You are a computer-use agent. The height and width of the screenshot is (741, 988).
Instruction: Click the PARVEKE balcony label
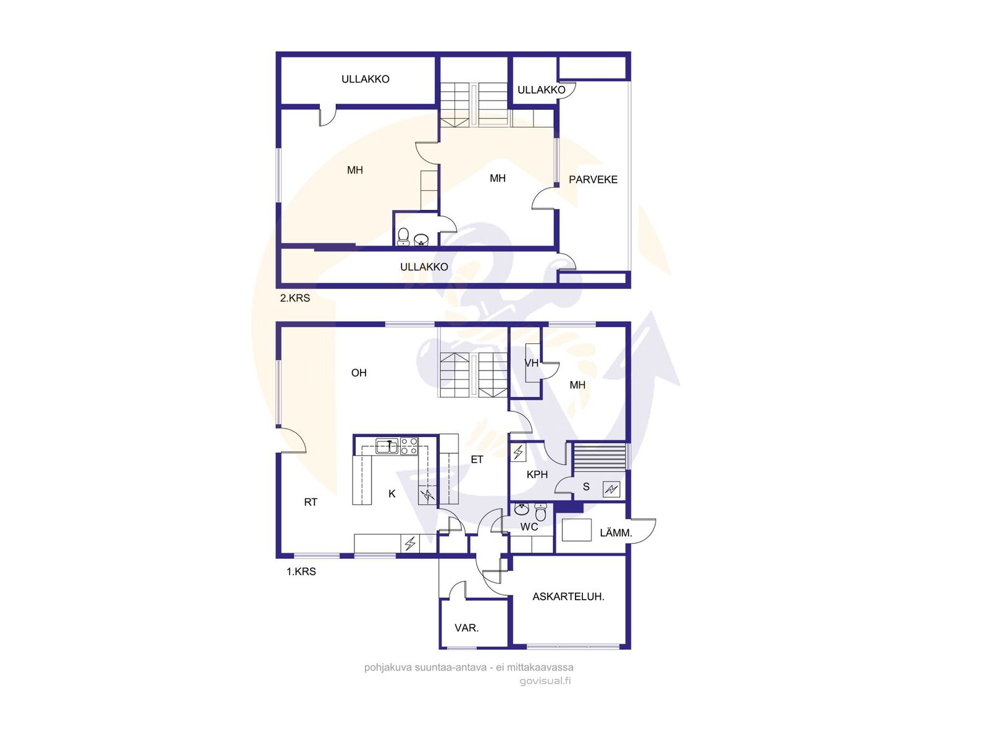(593, 180)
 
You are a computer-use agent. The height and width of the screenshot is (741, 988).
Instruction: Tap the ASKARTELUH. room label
(568, 597)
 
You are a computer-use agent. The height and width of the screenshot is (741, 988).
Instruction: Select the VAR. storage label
(466, 627)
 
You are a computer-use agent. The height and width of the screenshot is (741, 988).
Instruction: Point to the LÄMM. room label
(616, 533)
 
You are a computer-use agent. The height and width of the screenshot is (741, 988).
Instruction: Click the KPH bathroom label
(537, 474)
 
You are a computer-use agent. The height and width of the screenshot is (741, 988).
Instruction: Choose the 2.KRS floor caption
(295, 298)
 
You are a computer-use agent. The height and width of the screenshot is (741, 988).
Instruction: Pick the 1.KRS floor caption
(301, 571)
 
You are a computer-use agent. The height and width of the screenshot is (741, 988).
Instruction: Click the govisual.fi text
(545, 680)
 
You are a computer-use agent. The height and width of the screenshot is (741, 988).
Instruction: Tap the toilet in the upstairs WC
(403, 237)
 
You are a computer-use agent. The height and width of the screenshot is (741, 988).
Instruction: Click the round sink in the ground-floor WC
(522, 509)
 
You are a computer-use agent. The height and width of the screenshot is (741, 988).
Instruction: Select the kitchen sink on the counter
(387, 446)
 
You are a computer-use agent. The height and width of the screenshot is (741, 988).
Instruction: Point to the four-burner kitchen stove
(409, 446)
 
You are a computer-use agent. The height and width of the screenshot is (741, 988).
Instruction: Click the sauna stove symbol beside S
(611, 489)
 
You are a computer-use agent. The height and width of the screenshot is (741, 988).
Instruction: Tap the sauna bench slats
(598, 457)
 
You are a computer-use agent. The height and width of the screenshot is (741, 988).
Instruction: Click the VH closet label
(532, 363)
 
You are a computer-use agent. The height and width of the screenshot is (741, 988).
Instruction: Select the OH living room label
(359, 372)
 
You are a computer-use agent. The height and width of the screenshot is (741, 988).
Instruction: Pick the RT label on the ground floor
(311, 502)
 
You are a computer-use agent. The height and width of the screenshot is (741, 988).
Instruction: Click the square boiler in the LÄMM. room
(577, 530)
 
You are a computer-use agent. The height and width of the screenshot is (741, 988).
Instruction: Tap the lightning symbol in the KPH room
(518, 452)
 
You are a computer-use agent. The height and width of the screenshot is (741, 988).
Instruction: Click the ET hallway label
(477, 459)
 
